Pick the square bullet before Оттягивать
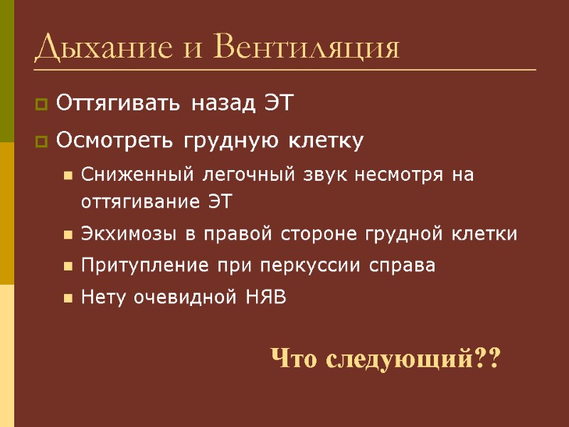pos(41,106)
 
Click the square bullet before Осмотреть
pos(41,142)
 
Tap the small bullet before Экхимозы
pos(68,235)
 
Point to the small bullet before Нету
pos(68,298)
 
